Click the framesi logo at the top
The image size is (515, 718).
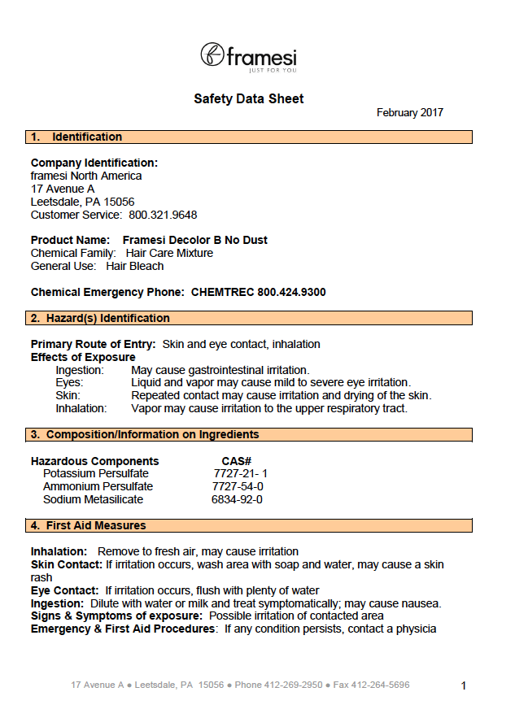tap(248, 57)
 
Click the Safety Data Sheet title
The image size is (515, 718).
tap(248, 99)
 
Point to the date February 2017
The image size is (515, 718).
tap(409, 113)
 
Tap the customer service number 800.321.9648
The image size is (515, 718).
tap(163, 215)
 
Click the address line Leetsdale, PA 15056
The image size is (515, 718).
tap(82, 202)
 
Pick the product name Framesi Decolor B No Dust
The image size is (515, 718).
tap(194, 241)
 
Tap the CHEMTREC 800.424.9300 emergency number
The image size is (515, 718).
tap(259, 292)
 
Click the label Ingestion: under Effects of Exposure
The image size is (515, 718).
tap(80, 371)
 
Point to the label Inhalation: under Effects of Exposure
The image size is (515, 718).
tap(81, 409)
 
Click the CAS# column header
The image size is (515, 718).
tap(236, 462)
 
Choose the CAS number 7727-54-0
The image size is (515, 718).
tap(238, 487)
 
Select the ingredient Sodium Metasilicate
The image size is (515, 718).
tap(93, 500)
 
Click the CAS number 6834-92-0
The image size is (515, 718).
tap(237, 500)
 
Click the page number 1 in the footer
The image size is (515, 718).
tap(464, 686)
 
